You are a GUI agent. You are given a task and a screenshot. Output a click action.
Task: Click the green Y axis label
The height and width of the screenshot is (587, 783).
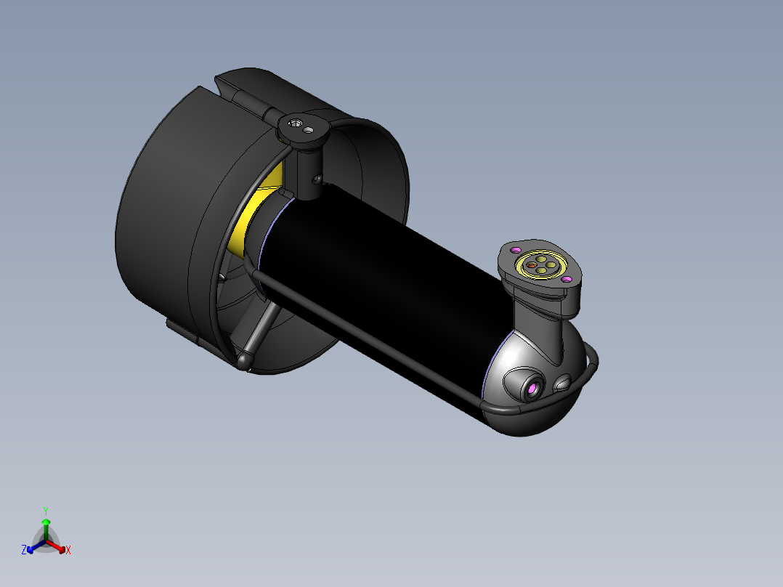46,510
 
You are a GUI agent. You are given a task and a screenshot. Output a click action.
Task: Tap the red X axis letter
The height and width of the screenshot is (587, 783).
68,551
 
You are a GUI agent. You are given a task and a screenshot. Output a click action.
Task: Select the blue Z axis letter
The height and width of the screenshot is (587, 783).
24,551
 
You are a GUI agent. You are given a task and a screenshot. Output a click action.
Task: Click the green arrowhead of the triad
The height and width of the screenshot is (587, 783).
46,522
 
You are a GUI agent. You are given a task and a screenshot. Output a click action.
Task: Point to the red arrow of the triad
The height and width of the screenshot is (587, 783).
57,546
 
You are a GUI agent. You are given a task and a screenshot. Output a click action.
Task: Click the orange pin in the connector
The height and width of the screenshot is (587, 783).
532,267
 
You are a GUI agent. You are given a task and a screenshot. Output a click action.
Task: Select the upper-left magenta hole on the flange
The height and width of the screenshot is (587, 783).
516,250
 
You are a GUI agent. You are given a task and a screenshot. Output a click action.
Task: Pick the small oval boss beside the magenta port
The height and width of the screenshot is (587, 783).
564,383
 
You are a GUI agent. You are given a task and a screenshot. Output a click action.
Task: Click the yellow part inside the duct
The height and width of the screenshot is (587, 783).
243,225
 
